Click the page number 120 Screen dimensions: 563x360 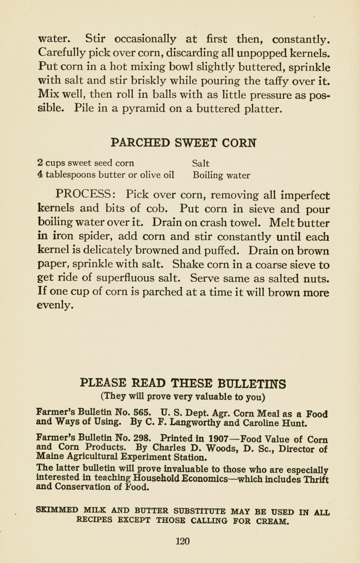click(x=183, y=541)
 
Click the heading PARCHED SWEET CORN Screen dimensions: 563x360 click(x=183, y=142)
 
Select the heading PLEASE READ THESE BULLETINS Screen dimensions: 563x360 click(x=183, y=383)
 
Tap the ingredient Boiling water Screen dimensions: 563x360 click(x=221, y=175)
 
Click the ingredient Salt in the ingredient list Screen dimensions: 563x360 click(x=201, y=163)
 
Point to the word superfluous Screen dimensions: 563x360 click(x=125, y=278)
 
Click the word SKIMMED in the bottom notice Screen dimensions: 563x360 click(x=57, y=510)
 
